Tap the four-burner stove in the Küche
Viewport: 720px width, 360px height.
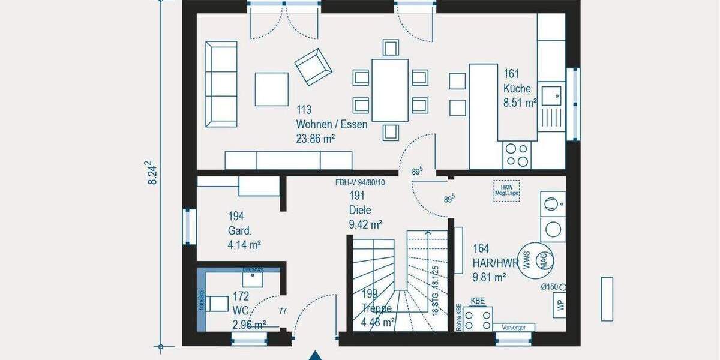click(517, 154)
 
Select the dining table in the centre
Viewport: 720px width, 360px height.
click(390, 90)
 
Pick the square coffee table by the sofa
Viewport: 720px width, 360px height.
click(272, 89)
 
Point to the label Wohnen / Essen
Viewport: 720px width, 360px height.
click(331, 125)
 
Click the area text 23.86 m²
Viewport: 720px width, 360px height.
click(314, 139)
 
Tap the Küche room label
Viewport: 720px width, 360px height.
click(517, 89)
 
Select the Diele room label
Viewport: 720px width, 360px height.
click(360, 210)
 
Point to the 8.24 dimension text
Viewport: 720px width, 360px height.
click(153, 173)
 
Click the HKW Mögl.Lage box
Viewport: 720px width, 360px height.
click(506, 189)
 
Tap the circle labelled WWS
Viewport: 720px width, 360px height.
click(527, 260)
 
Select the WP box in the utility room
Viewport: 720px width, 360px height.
click(560, 305)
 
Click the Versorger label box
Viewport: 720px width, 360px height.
click(514, 327)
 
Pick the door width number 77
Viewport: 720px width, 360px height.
click(283, 311)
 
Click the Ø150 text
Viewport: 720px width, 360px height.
click(550, 287)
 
